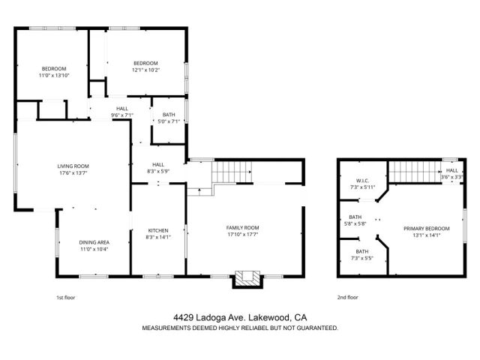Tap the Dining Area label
click(94, 241)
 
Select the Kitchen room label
click(157, 230)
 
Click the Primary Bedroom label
click(426, 228)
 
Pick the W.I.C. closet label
click(361, 180)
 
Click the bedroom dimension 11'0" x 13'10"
click(53, 76)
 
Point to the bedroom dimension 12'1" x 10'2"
click(145, 70)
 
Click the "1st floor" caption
click(66, 297)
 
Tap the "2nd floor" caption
click(347, 297)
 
